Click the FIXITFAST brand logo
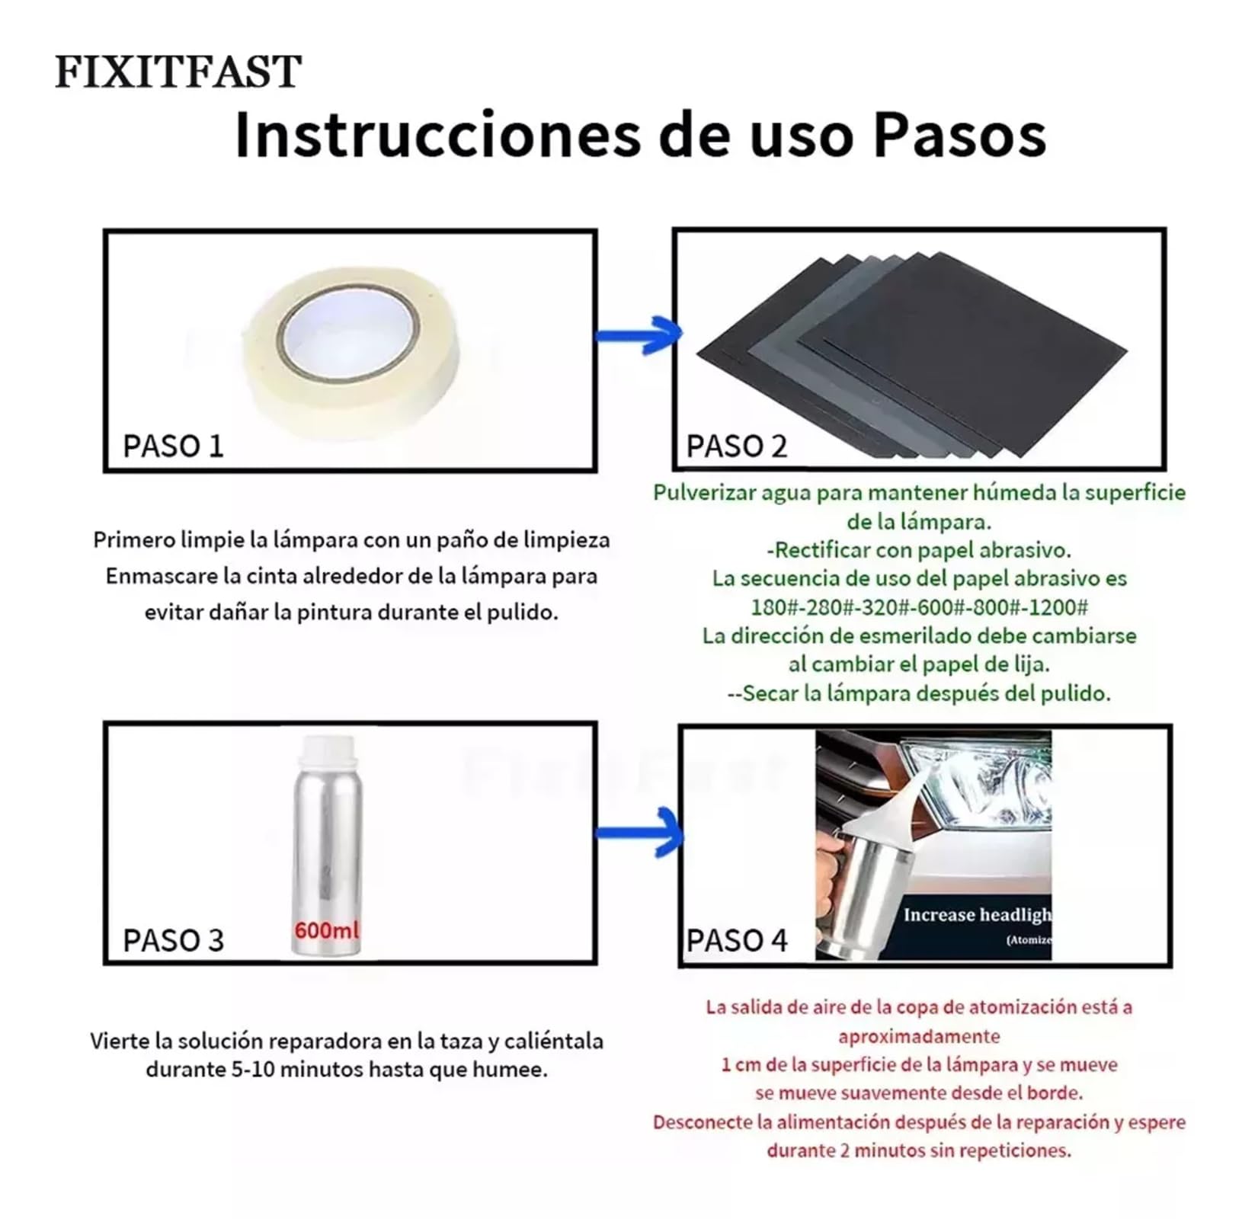pyautogui.click(x=178, y=72)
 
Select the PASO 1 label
pyautogui.click(x=174, y=446)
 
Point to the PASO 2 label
pyautogui.click(x=737, y=446)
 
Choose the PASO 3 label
pyautogui.click(x=174, y=940)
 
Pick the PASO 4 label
pyautogui.click(x=737, y=940)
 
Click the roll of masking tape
pyautogui.click(x=351, y=351)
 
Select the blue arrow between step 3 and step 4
pyautogui.click(x=639, y=833)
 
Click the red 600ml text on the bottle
pyautogui.click(x=326, y=930)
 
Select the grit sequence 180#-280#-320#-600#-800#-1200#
pyautogui.click(x=920, y=607)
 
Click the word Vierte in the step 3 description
pyautogui.click(x=119, y=1041)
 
